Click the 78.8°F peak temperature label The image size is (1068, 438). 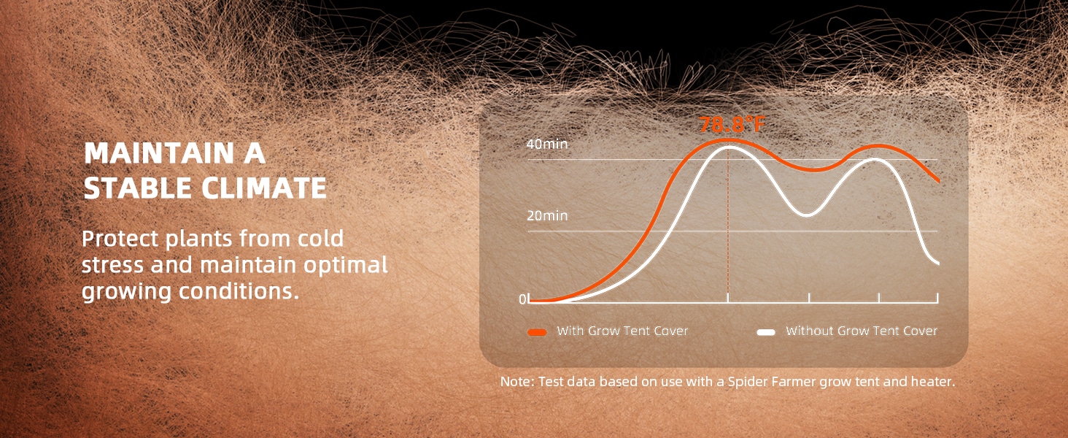732,125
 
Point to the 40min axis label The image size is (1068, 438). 547,144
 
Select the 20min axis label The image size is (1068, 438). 547,215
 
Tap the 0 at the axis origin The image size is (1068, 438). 522,299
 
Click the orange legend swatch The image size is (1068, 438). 538,332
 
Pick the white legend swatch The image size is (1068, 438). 766,332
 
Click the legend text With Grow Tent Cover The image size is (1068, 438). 622,331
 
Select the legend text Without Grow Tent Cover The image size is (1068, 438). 862,331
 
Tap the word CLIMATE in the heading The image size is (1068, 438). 264,188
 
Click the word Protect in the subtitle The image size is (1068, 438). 119,238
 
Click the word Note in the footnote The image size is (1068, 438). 516,382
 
